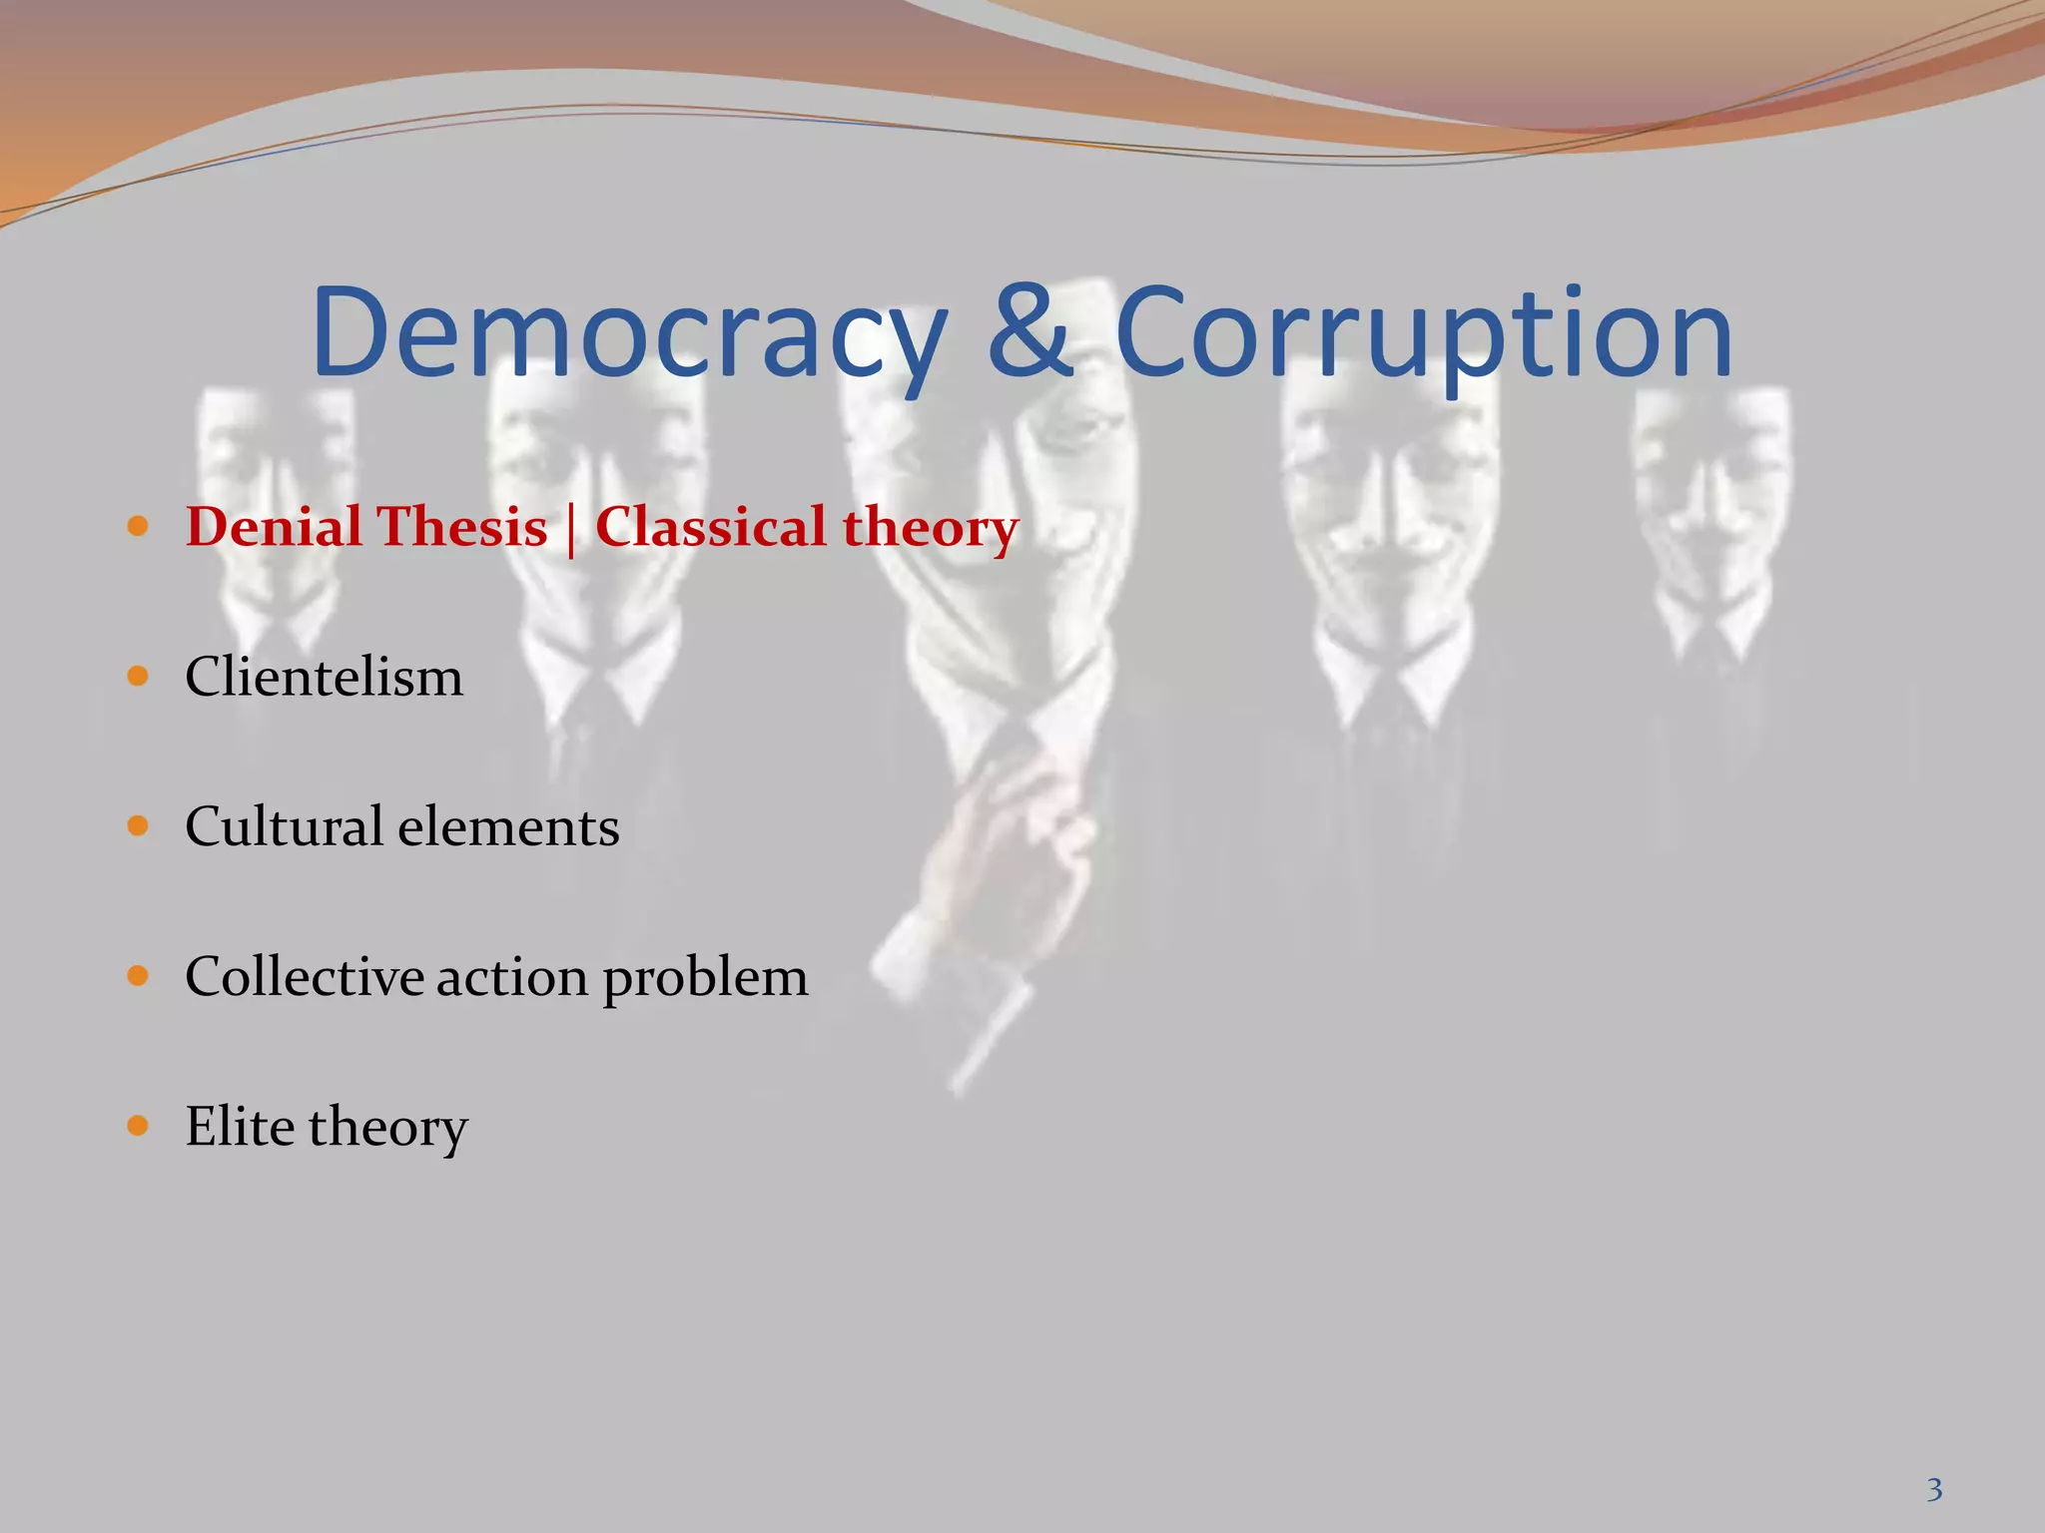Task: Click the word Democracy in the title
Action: (629, 334)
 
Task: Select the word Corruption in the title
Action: (1423, 334)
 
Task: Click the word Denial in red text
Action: (273, 526)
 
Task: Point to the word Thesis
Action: (461, 526)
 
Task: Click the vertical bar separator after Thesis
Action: (571, 529)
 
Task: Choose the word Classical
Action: (710, 526)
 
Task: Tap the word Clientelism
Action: (324, 677)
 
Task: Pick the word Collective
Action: (305, 976)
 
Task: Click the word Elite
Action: (240, 1126)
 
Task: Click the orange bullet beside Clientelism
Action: (139, 677)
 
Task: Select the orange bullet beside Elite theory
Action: (139, 1126)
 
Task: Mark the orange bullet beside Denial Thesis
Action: (139, 526)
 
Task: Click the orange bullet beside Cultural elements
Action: (139, 826)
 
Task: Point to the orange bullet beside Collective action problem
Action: (139, 976)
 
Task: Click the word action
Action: (511, 976)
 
